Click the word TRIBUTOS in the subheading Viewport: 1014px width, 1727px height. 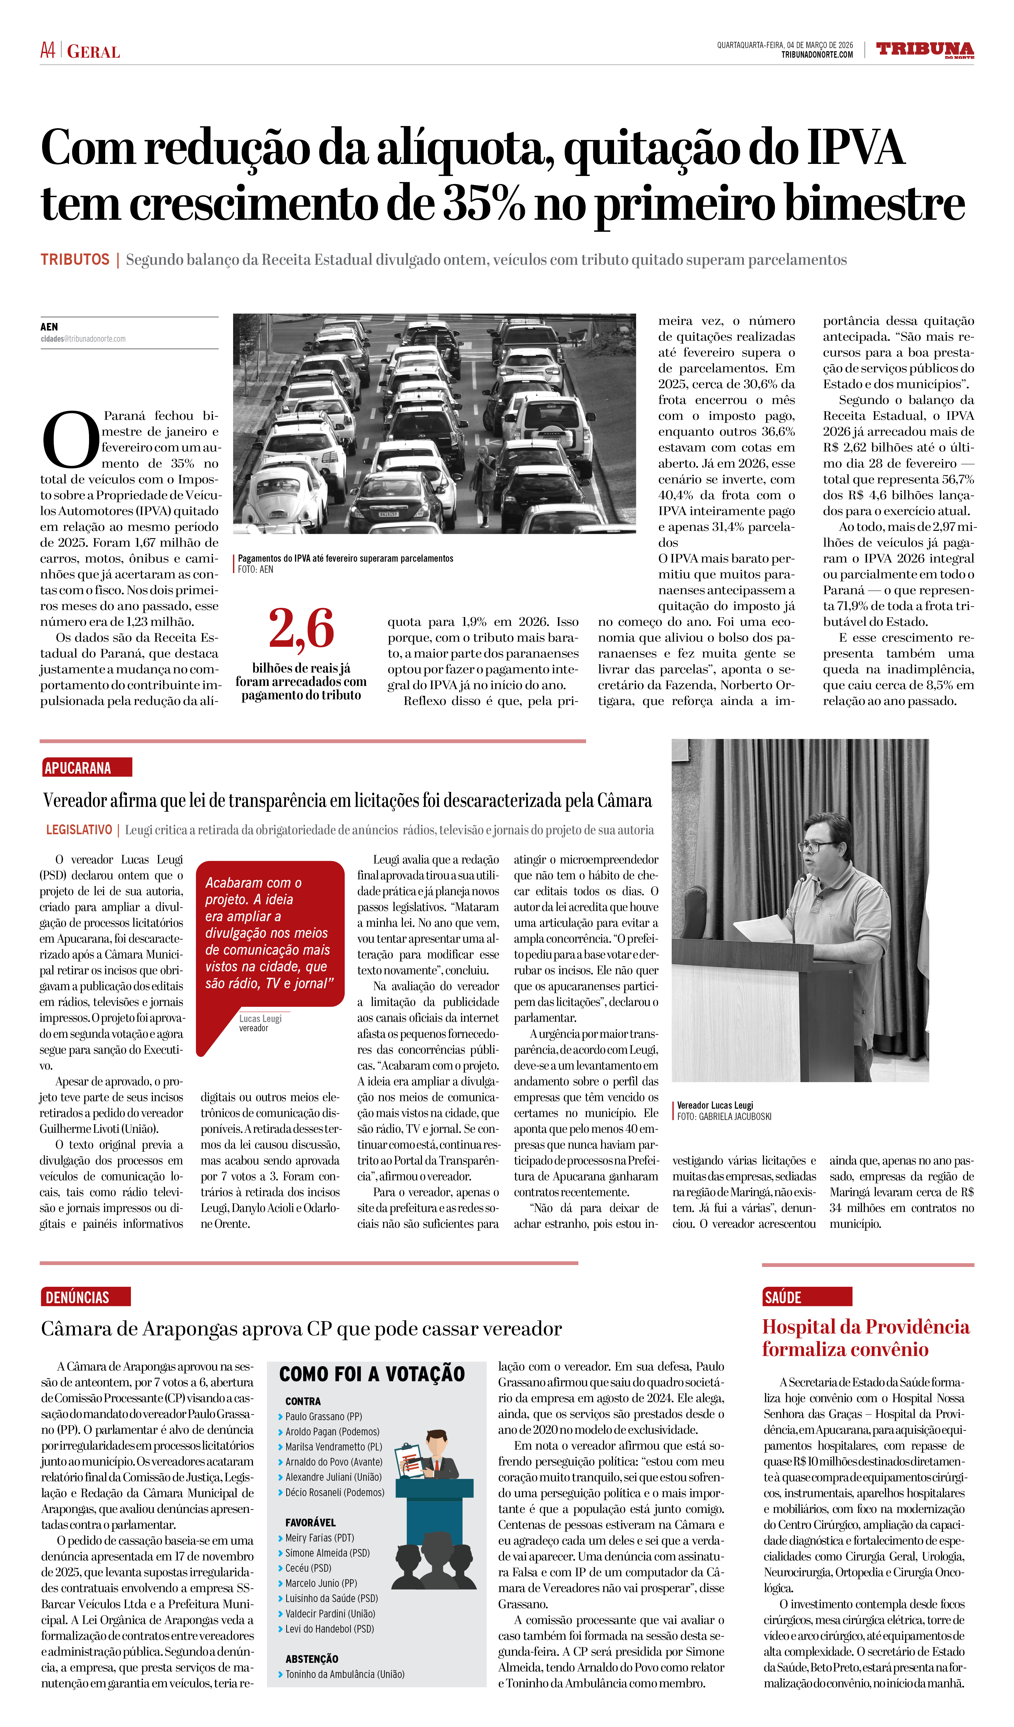coord(75,260)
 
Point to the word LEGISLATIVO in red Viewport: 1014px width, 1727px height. coord(79,830)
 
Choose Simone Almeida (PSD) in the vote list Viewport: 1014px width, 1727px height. coord(328,1553)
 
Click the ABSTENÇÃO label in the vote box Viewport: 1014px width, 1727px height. coord(312,1659)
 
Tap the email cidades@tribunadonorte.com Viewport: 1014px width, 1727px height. coord(83,339)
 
